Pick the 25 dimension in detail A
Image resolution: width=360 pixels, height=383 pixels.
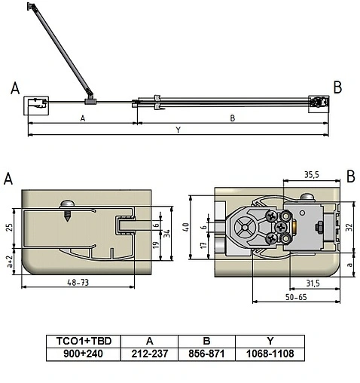(9, 227)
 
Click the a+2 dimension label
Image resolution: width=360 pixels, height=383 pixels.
(9, 262)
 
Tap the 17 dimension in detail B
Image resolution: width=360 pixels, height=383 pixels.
(203, 245)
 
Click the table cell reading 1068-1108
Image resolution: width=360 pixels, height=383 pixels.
(264, 354)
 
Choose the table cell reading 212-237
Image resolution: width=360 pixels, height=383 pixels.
(150, 354)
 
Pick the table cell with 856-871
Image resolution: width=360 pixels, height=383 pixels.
(206, 354)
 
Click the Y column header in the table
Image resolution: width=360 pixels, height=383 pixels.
(264, 340)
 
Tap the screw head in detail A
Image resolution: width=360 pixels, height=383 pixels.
(66, 204)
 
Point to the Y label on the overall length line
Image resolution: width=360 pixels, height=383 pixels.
(178, 130)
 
